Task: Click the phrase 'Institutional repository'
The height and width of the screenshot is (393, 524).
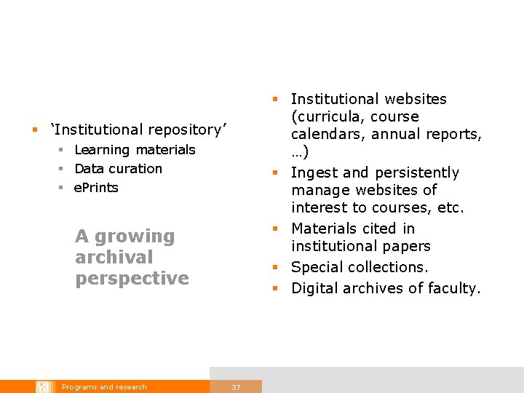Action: click(x=138, y=130)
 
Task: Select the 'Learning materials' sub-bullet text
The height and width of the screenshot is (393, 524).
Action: click(x=135, y=150)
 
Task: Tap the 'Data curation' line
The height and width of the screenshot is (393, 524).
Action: click(x=118, y=169)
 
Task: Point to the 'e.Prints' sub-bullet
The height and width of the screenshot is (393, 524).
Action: click(x=96, y=188)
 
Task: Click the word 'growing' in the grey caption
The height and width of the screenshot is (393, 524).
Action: click(x=135, y=237)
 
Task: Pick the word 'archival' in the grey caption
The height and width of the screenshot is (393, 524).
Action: click(x=114, y=258)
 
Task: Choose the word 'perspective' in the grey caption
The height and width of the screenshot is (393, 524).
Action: click(x=132, y=279)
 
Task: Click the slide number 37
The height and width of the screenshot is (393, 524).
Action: click(x=236, y=387)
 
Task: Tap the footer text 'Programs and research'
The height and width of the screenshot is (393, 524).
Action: click(x=104, y=387)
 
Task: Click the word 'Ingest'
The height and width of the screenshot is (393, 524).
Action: click(x=314, y=173)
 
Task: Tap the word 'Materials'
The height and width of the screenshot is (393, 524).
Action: click(x=327, y=229)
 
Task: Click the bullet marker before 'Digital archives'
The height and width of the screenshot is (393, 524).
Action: click(x=276, y=288)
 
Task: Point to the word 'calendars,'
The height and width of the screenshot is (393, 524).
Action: click(x=327, y=135)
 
